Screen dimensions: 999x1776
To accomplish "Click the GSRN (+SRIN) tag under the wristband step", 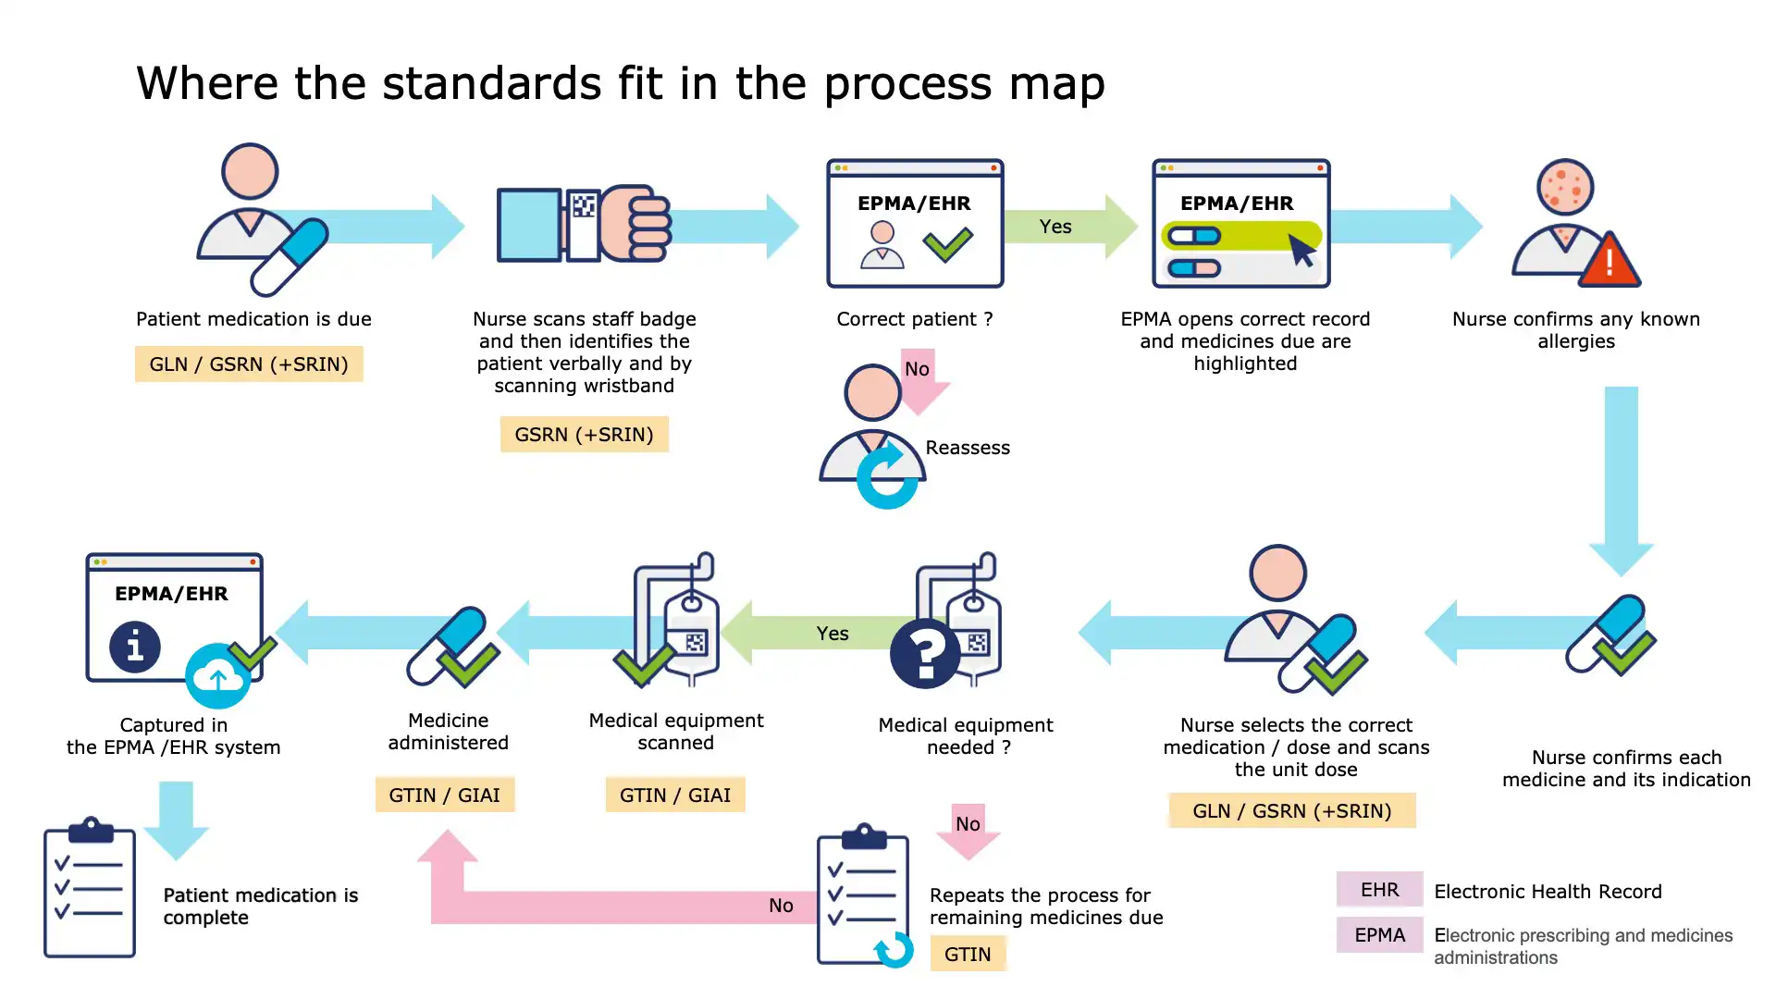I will point(584,435).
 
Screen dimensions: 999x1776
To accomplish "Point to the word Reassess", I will point(968,448).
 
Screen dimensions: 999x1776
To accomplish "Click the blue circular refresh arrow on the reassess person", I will point(887,476).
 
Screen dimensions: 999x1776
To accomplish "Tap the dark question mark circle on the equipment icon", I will point(925,654).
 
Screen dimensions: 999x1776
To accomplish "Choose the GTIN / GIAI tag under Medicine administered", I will point(445,795).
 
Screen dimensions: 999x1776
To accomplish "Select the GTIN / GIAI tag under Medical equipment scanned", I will point(675,795).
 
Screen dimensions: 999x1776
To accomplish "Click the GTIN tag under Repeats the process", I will point(968,955).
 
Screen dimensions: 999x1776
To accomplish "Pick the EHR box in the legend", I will point(1379,890).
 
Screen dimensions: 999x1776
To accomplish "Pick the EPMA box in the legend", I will point(1379,935).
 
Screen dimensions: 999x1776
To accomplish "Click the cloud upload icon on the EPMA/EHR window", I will point(217,677).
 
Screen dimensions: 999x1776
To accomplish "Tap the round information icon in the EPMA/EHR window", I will point(135,647).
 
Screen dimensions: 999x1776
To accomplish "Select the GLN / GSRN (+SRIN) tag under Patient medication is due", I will point(249,364).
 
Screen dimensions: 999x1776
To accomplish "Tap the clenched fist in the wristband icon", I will point(638,225).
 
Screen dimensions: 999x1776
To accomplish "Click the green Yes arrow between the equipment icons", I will point(814,634).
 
